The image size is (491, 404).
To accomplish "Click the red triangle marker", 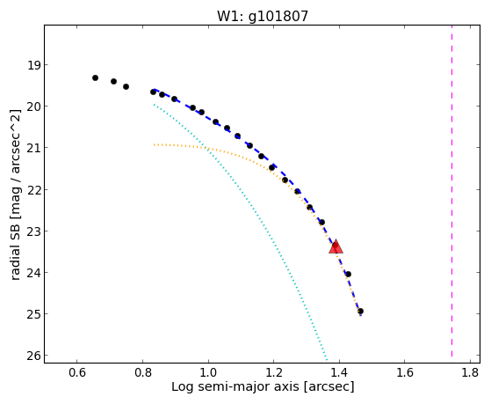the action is point(336,246).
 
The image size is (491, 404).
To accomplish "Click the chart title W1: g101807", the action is point(263,17).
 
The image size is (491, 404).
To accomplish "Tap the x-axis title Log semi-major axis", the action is point(263,386).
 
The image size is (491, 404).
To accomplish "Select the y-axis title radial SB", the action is point(15,195).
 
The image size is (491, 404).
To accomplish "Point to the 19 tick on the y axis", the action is point(33,65).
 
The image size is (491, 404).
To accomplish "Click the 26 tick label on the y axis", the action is point(33,356).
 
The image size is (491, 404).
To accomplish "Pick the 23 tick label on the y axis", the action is point(33,231).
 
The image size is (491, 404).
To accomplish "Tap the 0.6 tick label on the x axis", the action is point(77,372).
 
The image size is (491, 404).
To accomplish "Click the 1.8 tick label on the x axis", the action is point(470,372).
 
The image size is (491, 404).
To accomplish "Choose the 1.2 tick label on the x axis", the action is point(274,372).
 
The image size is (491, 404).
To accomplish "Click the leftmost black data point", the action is point(95,77).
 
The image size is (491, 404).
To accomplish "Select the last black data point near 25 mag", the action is point(360,312).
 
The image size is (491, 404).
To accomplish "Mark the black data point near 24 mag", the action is point(348,275).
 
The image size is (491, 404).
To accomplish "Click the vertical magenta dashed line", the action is point(451,191).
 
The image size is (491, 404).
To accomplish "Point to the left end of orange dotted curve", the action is point(154,145).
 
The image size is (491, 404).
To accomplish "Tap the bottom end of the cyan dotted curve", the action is point(327,360).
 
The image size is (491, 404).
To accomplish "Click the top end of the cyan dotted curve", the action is point(154,105).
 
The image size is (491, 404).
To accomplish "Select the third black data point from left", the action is point(126,86).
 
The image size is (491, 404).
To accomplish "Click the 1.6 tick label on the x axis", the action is point(405,372).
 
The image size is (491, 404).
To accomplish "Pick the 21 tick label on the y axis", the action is point(33,148).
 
